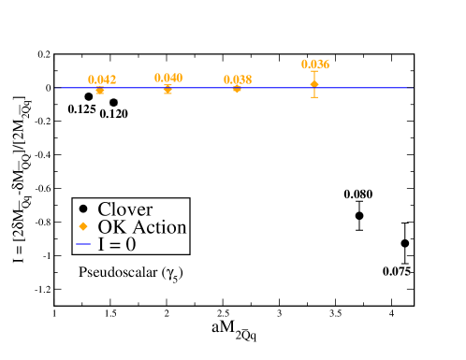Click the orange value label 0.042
(x=102, y=79)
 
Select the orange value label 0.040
(x=168, y=78)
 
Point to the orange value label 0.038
(x=238, y=79)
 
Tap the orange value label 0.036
(x=314, y=65)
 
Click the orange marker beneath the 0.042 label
(x=99, y=90)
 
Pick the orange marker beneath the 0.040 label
(x=167, y=89)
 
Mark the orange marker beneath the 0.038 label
(x=237, y=89)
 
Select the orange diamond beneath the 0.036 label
(x=314, y=84)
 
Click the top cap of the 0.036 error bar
(x=314, y=72)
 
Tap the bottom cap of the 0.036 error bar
(x=314, y=96)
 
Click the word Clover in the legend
(x=124, y=209)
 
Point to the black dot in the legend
(x=83, y=209)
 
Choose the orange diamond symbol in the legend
(x=83, y=227)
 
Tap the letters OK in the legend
(x=110, y=227)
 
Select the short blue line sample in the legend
(x=83, y=244)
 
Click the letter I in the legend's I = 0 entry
(x=101, y=244)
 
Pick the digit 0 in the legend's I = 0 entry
(x=130, y=244)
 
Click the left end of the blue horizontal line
(x=59, y=88)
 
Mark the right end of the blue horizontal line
(x=410, y=88)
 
